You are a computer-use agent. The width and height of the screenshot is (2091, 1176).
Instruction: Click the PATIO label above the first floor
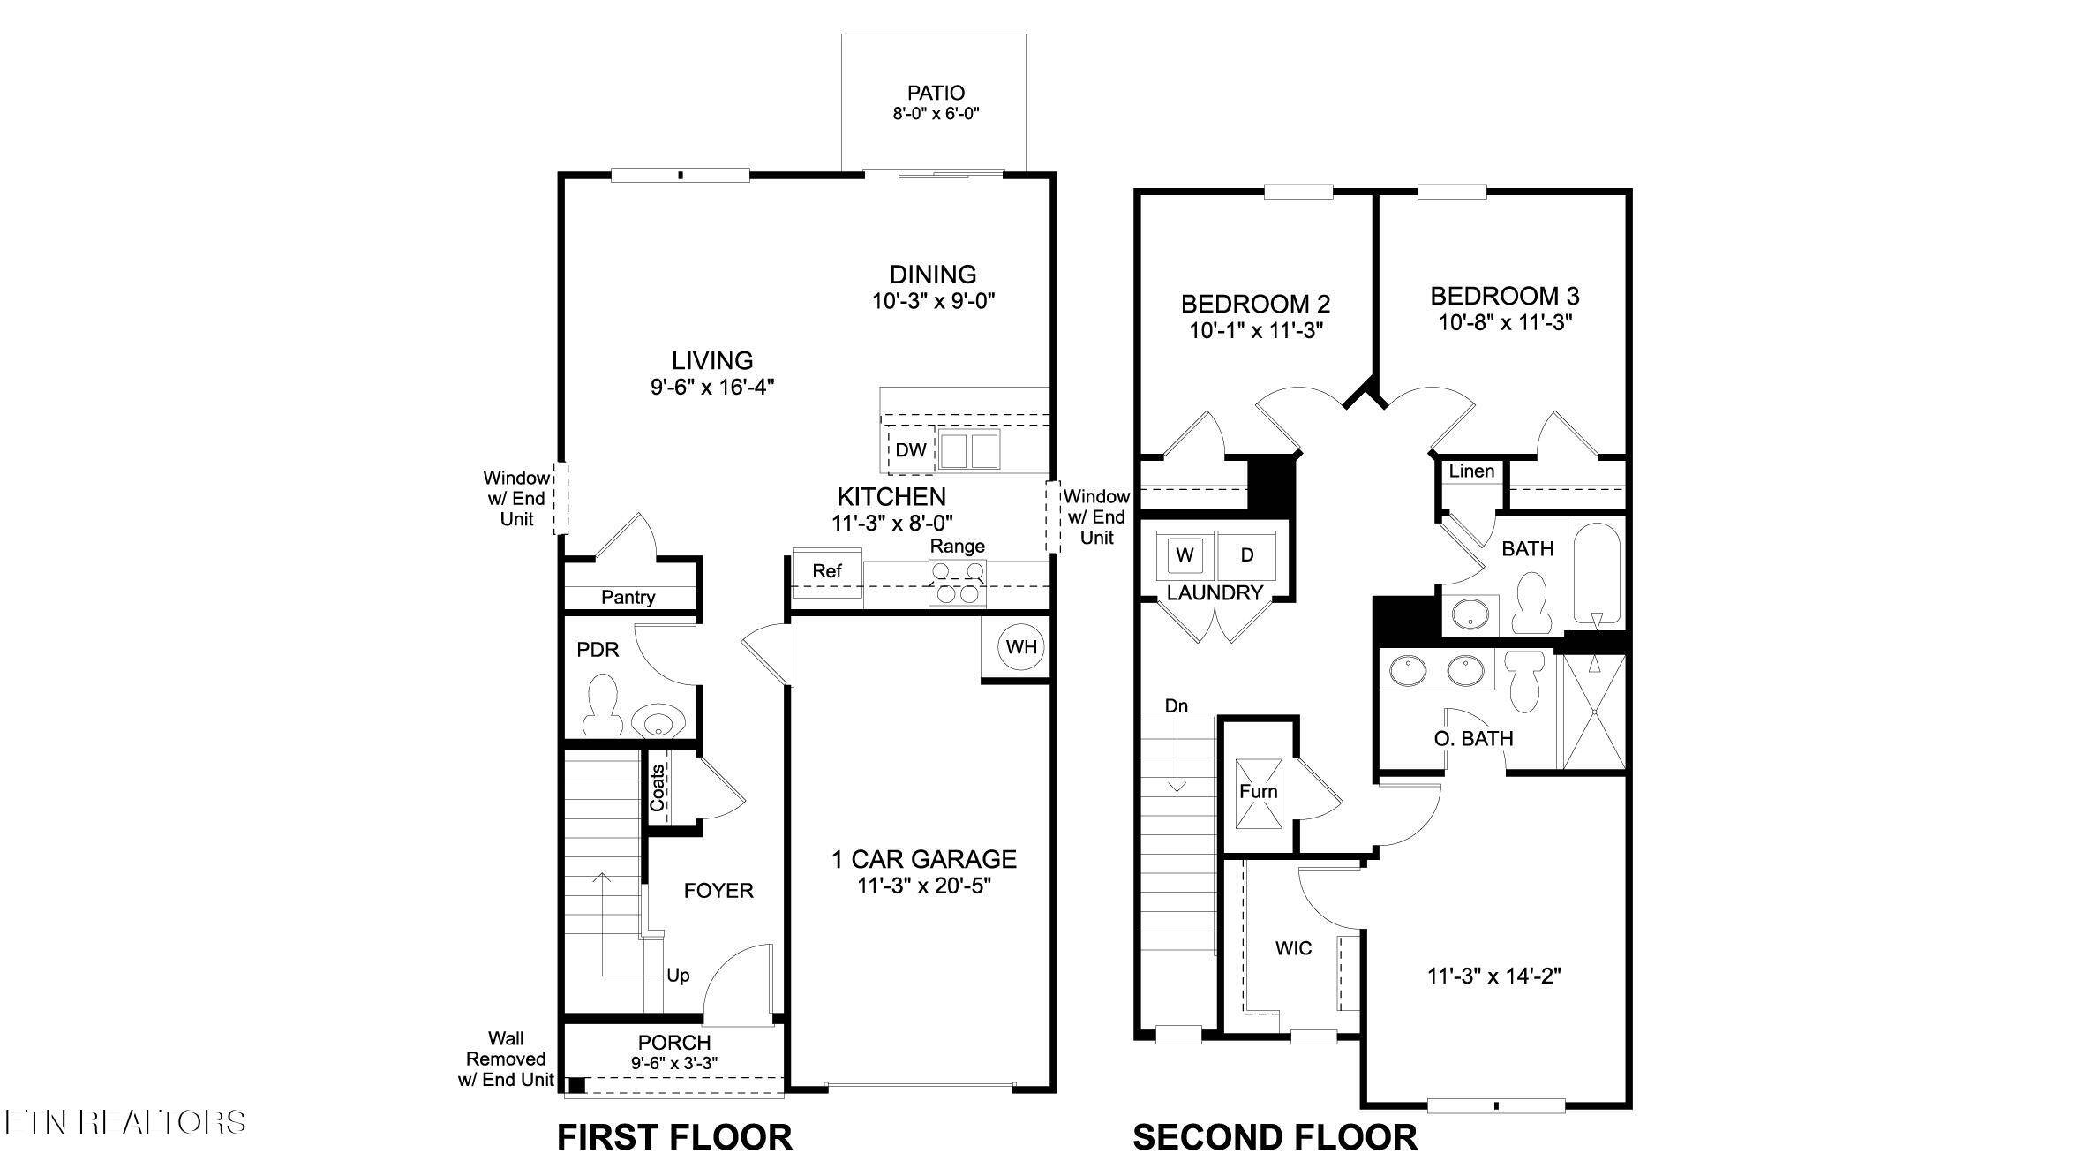click(936, 93)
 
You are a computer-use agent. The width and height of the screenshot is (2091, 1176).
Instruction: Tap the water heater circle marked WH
click(1021, 647)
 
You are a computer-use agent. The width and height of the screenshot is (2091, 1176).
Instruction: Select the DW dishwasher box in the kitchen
click(911, 450)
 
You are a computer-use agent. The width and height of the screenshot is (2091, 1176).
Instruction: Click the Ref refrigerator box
click(827, 572)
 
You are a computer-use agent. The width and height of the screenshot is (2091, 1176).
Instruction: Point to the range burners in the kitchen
click(958, 584)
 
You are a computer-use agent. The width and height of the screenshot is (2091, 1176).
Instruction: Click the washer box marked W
click(1185, 555)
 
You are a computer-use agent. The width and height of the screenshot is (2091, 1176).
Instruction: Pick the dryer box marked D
click(1247, 555)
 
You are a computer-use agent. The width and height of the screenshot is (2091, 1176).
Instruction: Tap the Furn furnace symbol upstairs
click(1258, 793)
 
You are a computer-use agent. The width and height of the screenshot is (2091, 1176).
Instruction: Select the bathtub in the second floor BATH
click(1598, 574)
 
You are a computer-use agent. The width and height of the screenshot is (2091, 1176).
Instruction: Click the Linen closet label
click(1471, 471)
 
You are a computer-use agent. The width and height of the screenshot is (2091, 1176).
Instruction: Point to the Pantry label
click(628, 598)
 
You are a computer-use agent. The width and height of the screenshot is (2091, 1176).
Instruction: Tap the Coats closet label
click(658, 788)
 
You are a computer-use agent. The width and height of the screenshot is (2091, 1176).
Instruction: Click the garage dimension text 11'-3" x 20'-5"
click(924, 886)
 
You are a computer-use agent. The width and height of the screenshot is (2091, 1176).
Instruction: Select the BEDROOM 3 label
click(1505, 296)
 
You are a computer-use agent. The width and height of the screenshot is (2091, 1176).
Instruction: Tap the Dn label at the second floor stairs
click(1176, 706)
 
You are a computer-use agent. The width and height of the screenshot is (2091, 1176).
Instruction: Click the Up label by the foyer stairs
click(678, 976)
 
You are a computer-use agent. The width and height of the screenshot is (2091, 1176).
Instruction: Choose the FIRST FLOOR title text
click(674, 1137)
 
